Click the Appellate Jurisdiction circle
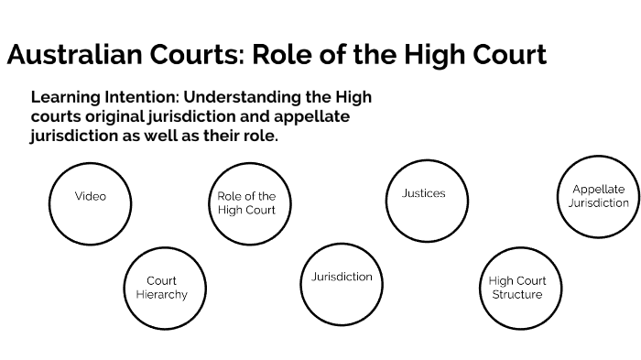598,196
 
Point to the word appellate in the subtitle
310,116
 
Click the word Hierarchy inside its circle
161,294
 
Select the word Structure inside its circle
516,294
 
